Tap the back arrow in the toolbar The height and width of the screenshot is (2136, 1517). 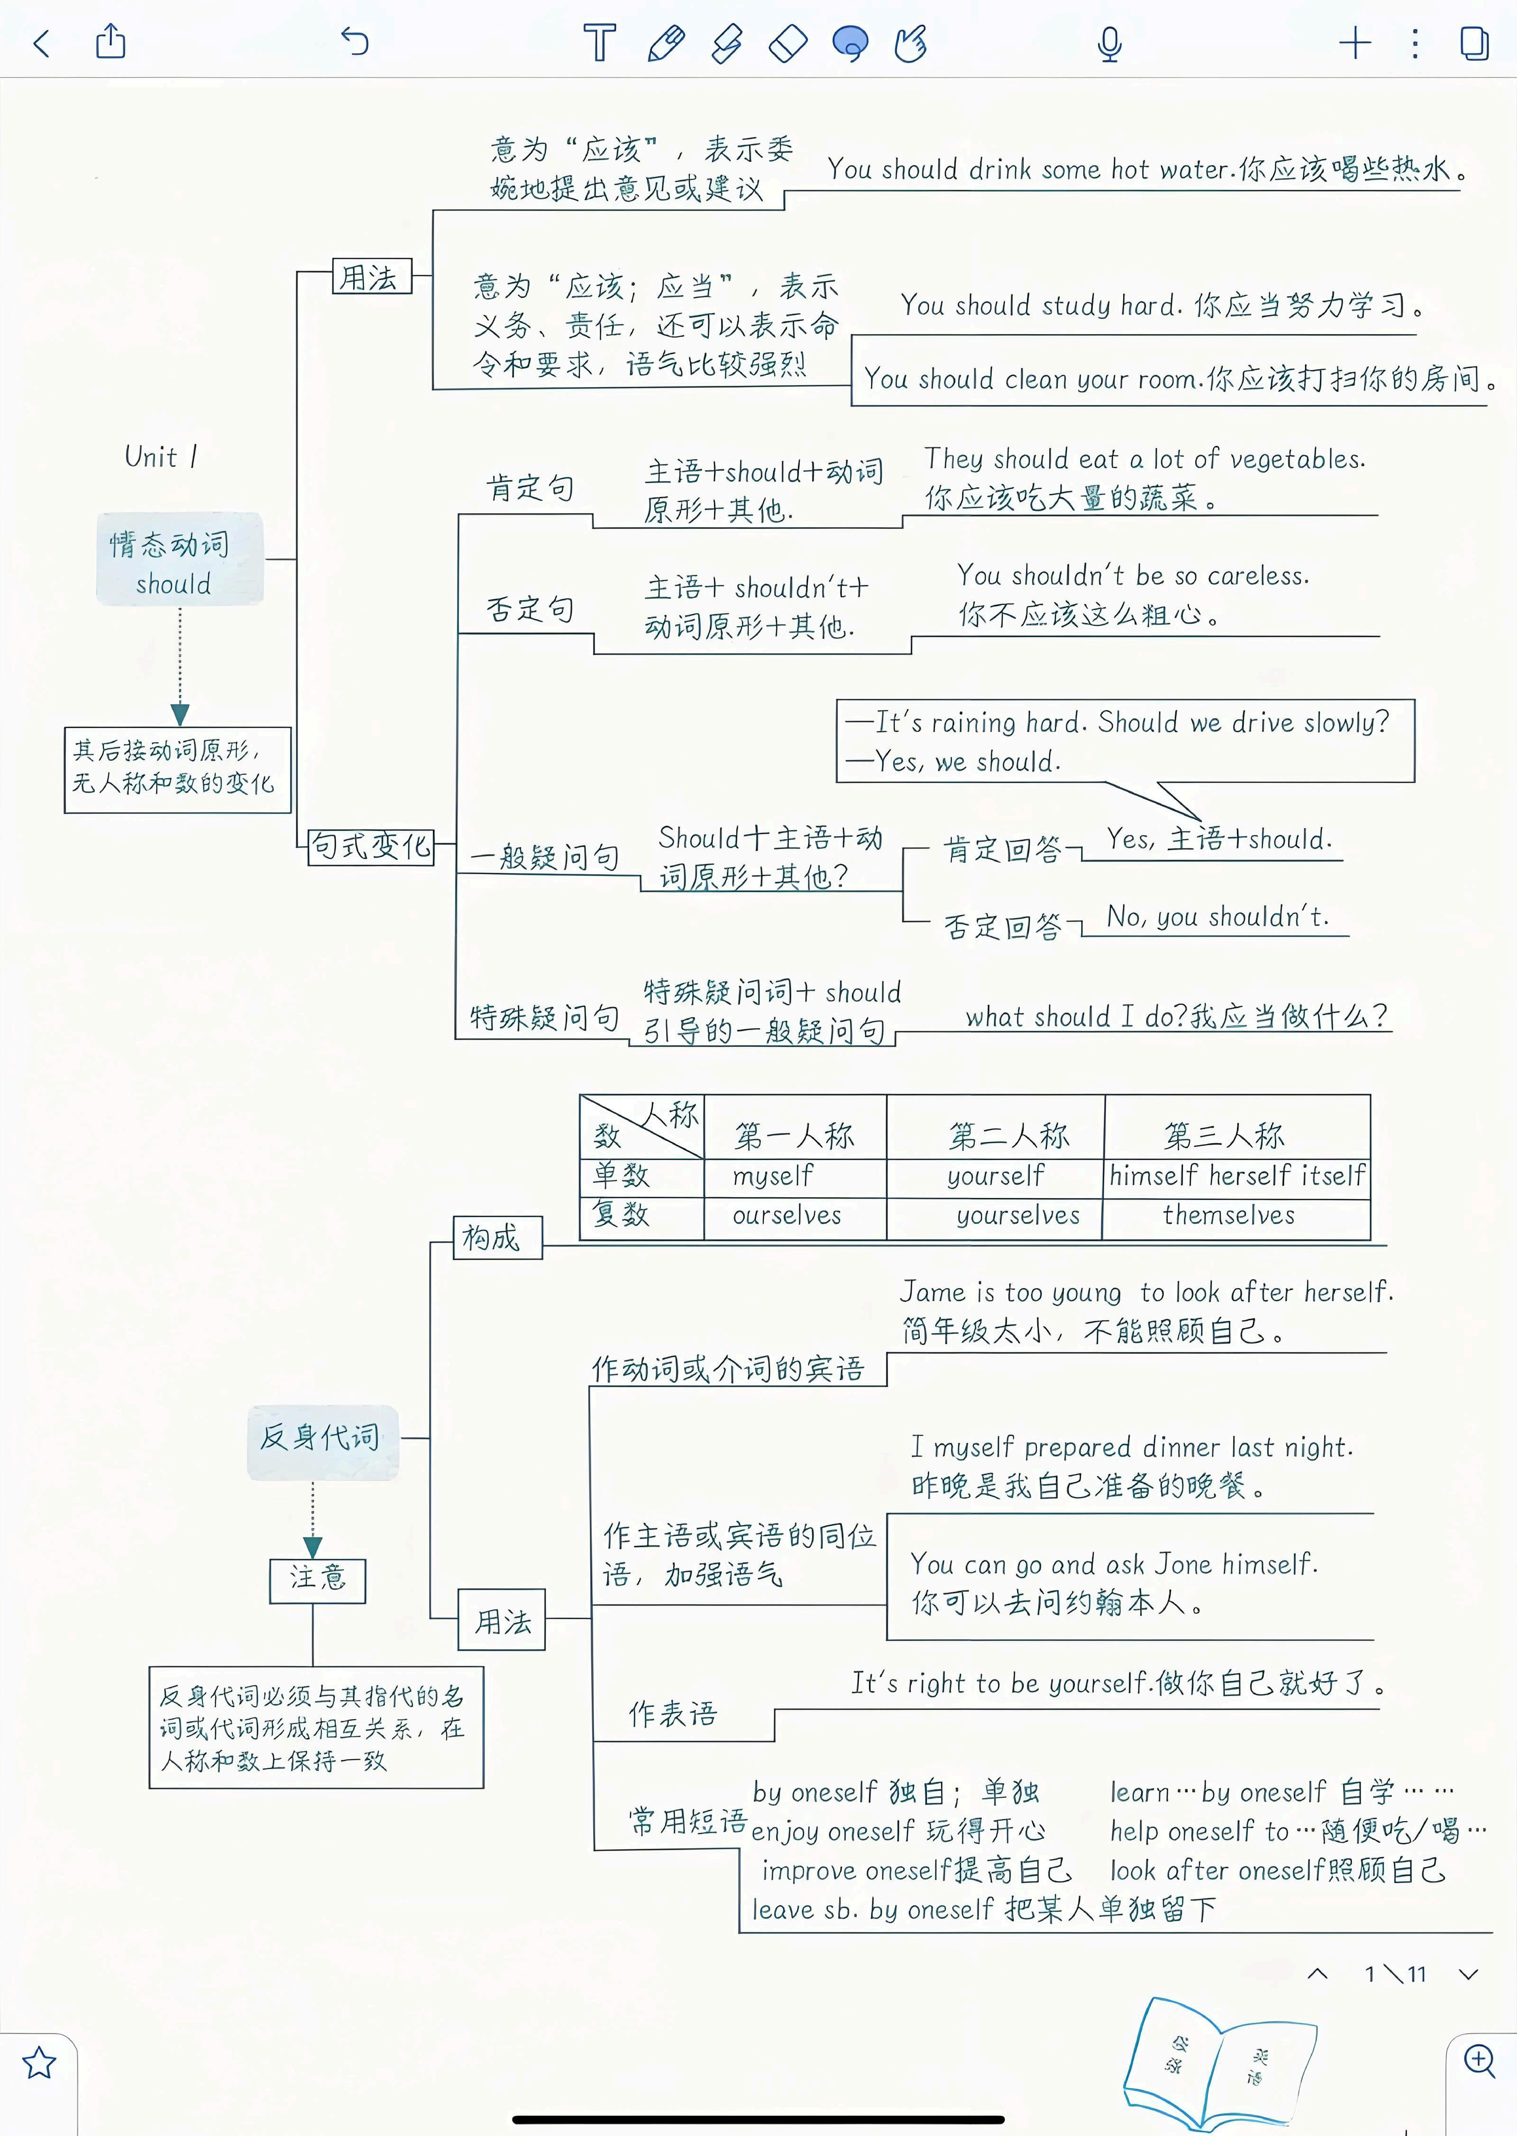41,43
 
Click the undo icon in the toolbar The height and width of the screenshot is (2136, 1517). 355,42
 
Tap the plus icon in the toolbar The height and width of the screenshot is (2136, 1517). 1355,43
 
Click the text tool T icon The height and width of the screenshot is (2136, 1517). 600,43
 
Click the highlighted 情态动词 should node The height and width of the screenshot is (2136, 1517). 179,559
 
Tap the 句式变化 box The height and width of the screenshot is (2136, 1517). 371,847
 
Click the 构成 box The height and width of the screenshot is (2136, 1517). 497,1238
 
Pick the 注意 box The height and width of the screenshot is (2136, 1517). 318,1580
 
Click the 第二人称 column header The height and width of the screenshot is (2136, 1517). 1009,1135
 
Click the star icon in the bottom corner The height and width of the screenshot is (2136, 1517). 39,2062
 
